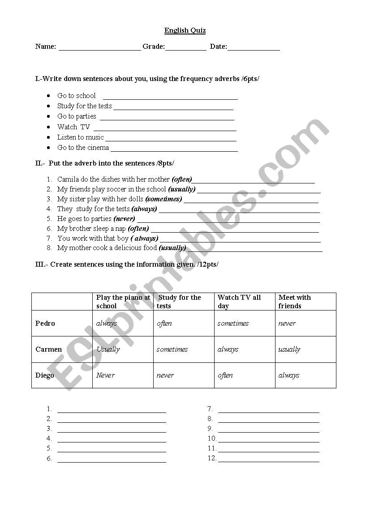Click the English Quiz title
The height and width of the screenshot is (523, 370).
coord(185,30)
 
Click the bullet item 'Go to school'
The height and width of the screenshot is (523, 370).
coord(76,96)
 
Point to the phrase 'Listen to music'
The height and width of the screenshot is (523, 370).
coord(80,137)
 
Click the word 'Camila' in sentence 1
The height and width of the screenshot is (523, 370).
coord(68,179)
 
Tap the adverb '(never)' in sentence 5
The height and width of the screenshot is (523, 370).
coord(124,219)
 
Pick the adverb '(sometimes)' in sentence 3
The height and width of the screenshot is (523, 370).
coord(163,199)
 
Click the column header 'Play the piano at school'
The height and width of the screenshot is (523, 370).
coord(123,302)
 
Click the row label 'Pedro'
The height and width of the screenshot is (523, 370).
coord(45,323)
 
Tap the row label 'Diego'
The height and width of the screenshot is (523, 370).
coord(45,375)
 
